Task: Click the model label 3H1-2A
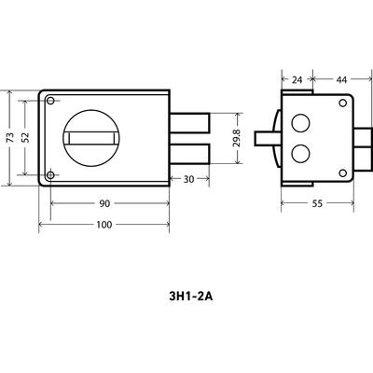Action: (191, 297)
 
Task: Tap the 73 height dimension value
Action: (10, 138)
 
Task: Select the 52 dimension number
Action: (25, 137)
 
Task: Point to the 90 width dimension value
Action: (104, 203)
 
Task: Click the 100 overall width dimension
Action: (104, 225)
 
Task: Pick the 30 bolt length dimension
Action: (188, 179)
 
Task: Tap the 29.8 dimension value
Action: (237, 138)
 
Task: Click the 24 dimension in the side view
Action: (297, 80)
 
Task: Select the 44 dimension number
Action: (341, 80)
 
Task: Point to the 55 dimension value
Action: (317, 203)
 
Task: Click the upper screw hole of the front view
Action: (50, 101)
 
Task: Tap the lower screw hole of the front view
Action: (50, 175)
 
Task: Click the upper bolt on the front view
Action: (189, 122)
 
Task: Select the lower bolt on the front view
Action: (189, 154)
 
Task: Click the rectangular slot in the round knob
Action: (91, 138)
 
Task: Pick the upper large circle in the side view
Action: (300, 123)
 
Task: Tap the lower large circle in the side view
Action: (300, 154)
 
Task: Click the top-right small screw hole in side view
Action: (343, 103)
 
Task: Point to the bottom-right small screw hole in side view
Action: (343, 173)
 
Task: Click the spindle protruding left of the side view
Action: (267, 138)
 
